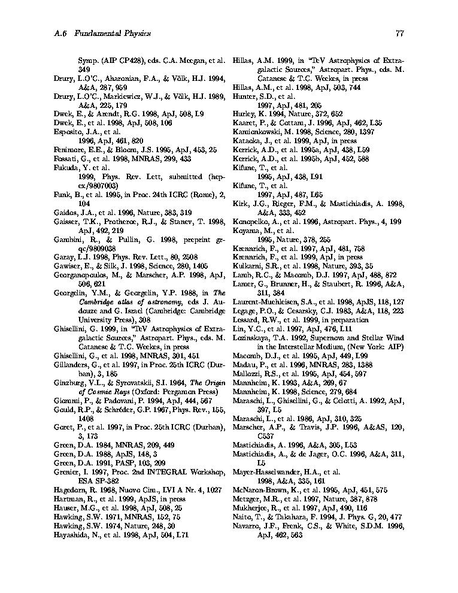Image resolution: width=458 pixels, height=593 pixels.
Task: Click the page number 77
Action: [399, 34]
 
